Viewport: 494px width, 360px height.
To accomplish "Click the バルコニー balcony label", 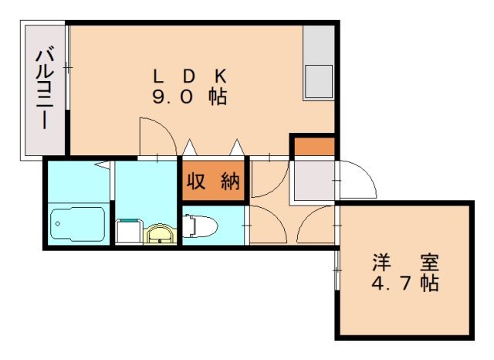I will click(45, 90).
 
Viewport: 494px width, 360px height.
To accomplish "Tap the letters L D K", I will click(190, 76).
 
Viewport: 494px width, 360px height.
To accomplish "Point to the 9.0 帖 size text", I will click(190, 98).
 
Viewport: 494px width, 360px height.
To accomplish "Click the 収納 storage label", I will click(213, 182).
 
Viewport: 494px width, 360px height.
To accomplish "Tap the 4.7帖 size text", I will click(405, 283).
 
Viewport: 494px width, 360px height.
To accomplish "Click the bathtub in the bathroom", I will click(77, 224).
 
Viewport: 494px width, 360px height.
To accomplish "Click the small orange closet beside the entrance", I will click(313, 145).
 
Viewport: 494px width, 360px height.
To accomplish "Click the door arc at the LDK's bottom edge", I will click(157, 135).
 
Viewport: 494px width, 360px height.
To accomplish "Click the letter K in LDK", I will click(220, 76).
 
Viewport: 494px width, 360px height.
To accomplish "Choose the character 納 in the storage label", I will click(229, 182).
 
